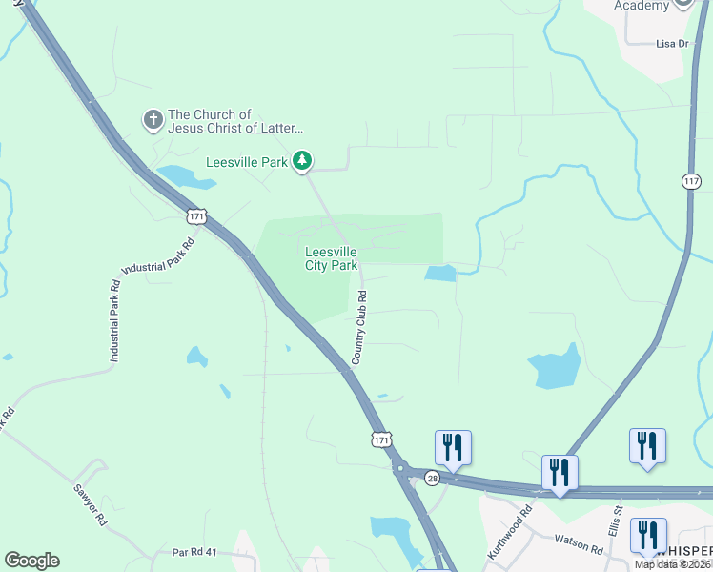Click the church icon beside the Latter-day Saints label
click(153, 121)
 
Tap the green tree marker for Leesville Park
click(302, 161)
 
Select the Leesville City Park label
click(331, 258)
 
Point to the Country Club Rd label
click(359, 328)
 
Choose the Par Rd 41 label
click(195, 552)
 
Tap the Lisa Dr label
click(672, 44)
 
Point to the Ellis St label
click(616, 521)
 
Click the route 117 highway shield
click(691, 180)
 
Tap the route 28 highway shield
click(433, 477)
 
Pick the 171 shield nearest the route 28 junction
click(381, 439)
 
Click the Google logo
click(31, 561)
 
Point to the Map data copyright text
click(673, 564)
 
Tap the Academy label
click(642, 6)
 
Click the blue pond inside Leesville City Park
click(440, 274)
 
